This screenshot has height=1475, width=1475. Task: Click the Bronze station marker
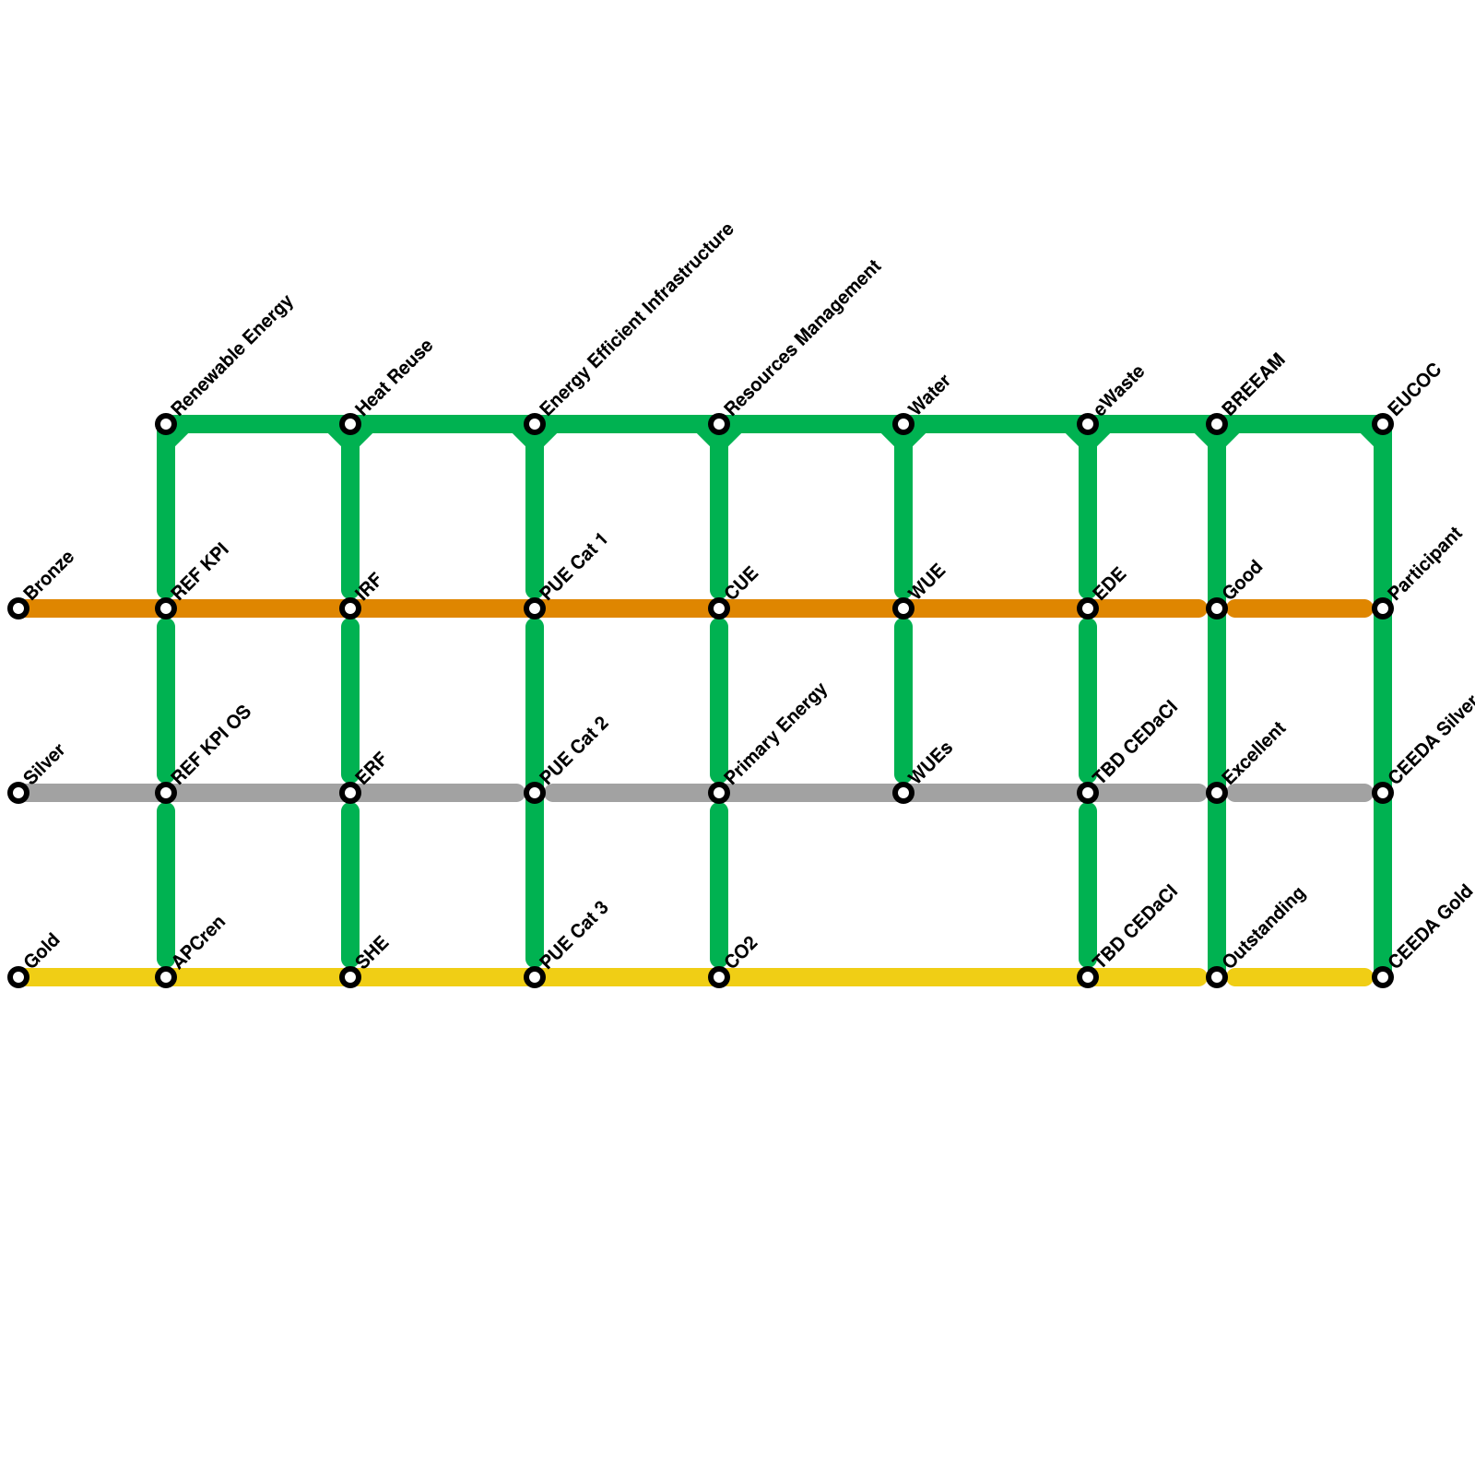pyautogui.click(x=18, y=608)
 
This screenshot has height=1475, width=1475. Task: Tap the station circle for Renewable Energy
pyautogui.click(x=166, y=424)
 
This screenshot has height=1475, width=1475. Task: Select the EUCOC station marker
pyautogui.click(x=1383, y=424)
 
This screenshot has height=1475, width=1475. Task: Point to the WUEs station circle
pyautogui.click(x=903, y=793)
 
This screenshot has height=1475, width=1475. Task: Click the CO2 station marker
pyautogui.click(x=719, y=977)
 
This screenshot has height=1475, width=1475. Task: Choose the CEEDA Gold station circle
pyautogui.click(x=1383, y=977)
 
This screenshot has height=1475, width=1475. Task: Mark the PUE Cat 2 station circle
pyautogui.click(x=535, y=793)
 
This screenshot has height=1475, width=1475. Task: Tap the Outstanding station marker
pyautogui.click(x=1217, y=977)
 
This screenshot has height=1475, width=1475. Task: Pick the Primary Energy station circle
pyautogui.click(x=719, y=793)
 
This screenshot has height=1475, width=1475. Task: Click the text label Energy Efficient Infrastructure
pyautogui.click(x=636, y=319)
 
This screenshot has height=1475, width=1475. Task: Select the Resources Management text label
pyautogui.click(x=802, y=337)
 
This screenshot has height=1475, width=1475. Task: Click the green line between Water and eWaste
pyautogui.click(x=996, y=424)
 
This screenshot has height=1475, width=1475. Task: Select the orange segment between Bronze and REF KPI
pyautogui.click(x=92, y=608)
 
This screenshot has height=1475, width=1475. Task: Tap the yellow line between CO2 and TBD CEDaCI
pyautogui.click(x=903, y=977)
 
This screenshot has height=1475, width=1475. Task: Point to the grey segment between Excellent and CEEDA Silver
pyautogui.click(x=1300, y=793)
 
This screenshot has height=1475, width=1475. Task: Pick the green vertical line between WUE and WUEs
pyautogui.click(x=903, y=701)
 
